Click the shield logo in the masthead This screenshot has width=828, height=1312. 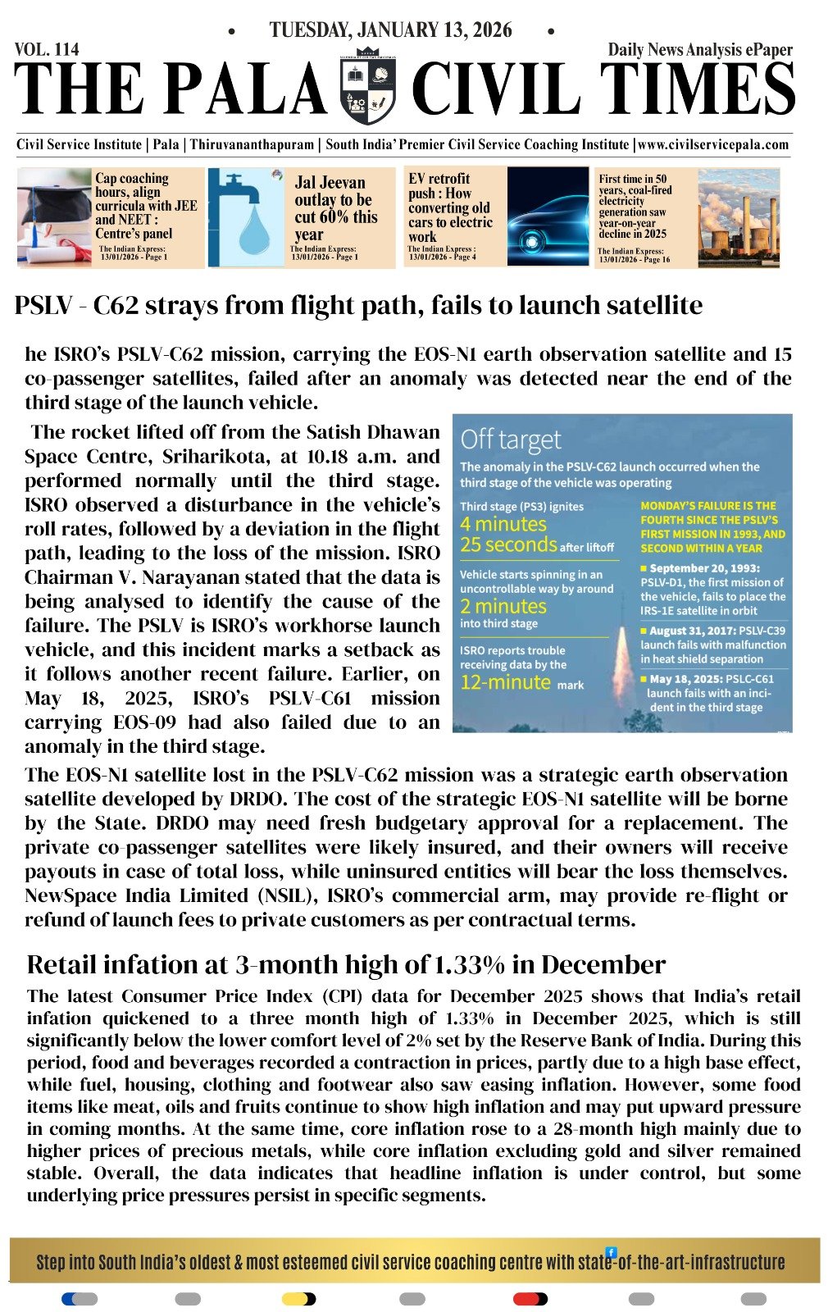(367, 89)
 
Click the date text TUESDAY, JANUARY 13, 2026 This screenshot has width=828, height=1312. (390, 30)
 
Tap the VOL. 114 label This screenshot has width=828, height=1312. (47, 49)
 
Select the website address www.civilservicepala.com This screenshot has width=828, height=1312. (713, 145)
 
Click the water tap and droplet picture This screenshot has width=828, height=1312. (245, 217)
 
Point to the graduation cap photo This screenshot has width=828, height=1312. (54, 216)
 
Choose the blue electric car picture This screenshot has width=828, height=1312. (546, 216)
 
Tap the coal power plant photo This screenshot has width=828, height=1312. (738, 217)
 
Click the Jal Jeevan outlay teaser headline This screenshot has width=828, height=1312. (335, 208)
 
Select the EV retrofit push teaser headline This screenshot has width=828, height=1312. (450, 207)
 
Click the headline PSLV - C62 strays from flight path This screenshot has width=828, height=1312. (358, 306)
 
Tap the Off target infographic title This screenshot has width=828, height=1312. (511, 440)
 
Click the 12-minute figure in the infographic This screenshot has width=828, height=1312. (505, 682)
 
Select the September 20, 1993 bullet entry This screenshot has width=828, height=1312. (712, 589)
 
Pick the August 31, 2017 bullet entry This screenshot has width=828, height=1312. (712, 645)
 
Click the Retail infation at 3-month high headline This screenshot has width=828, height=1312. (346, 964)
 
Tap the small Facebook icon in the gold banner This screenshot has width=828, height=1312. (611, 1252)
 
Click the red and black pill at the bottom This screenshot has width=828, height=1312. (530, 1299)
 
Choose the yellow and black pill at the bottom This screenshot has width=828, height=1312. (298, 1299)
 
